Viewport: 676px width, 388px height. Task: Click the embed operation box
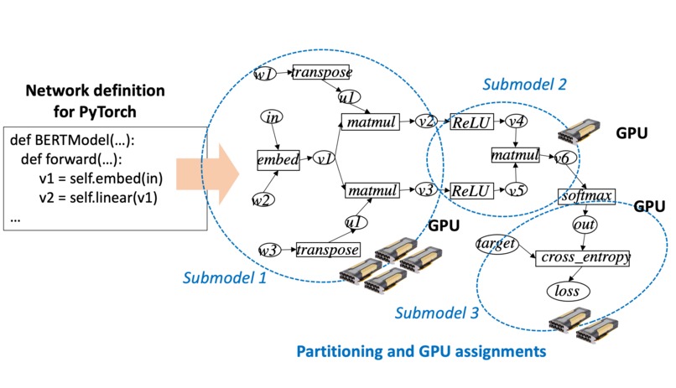(278, 158)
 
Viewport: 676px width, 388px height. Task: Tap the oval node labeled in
(272, 117)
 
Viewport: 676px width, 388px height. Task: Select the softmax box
(587, 196)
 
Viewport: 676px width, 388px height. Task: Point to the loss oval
(568, 291)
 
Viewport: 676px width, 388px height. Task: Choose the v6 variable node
(562, 157)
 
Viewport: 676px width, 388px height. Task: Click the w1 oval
(265, 75)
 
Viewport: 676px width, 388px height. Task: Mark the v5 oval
(517, 189)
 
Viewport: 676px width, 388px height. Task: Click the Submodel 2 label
(524, 85)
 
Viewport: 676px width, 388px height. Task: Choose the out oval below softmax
(584, 226)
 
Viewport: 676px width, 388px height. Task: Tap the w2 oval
(263, 199)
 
